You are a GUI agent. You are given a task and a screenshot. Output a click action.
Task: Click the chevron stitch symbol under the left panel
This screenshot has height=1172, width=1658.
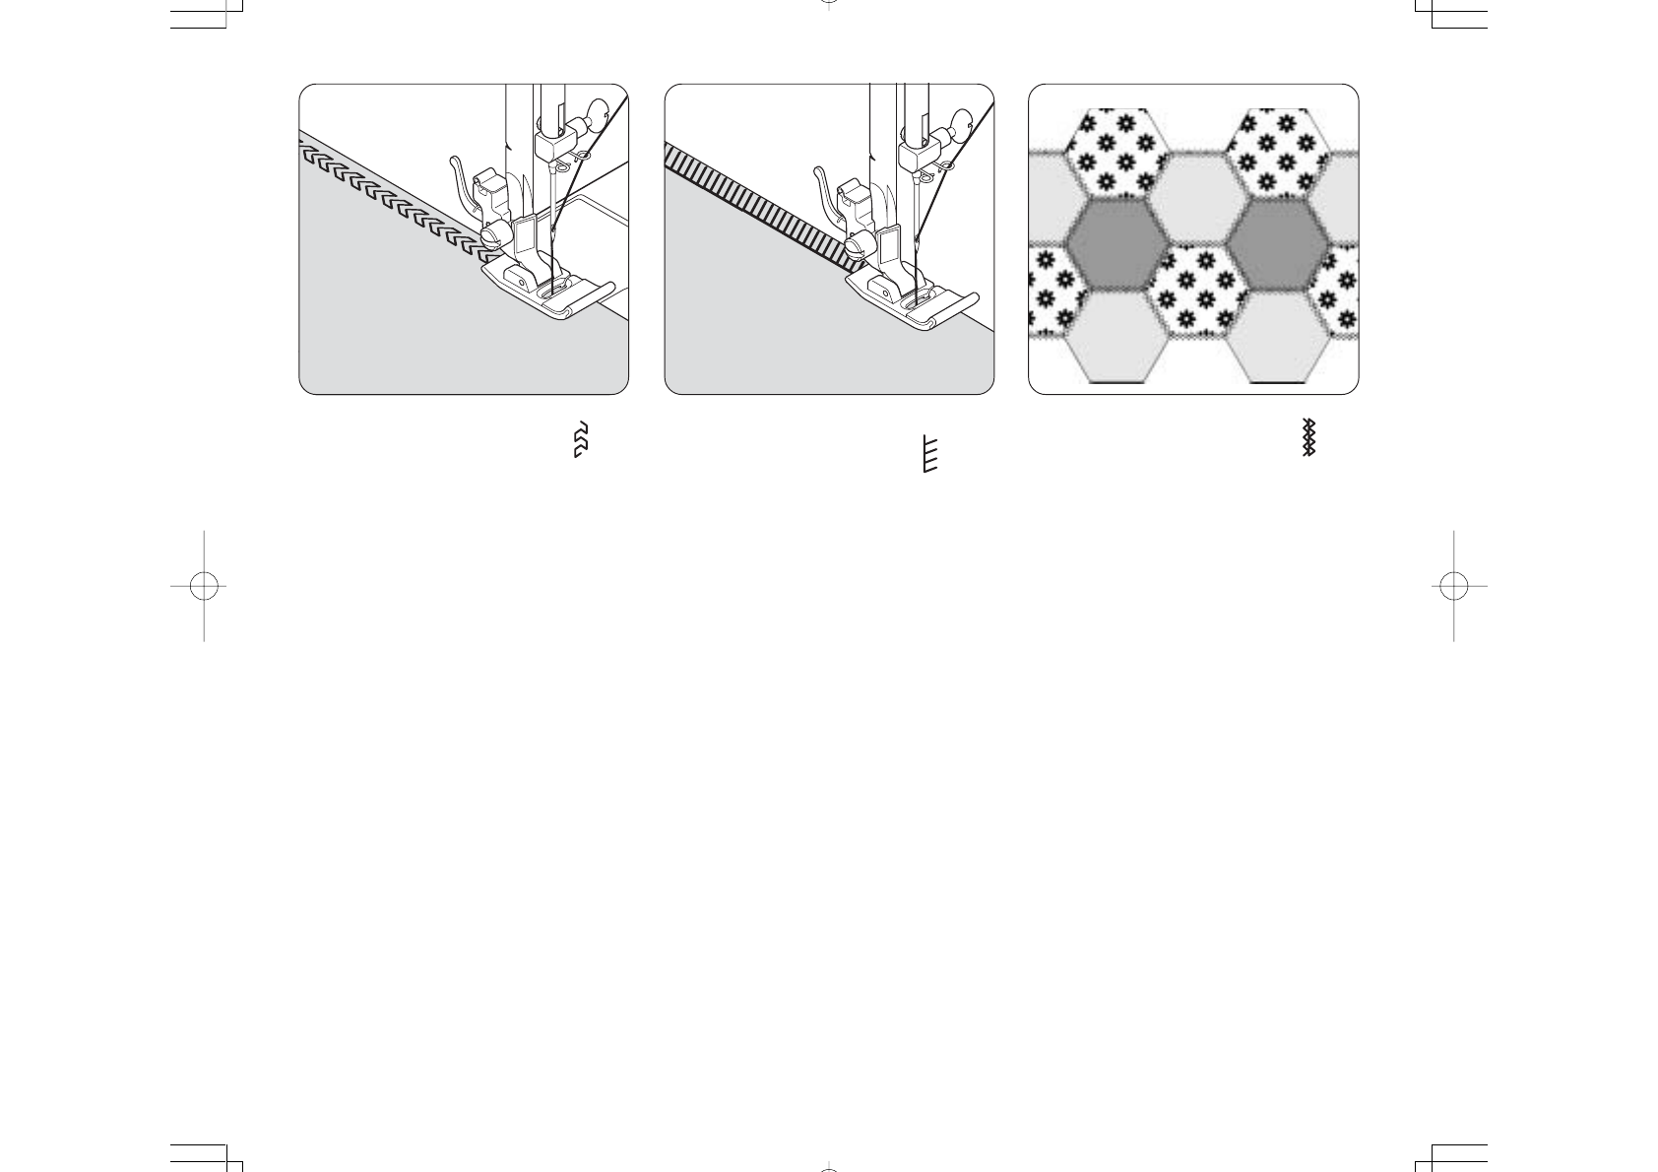[581, 439]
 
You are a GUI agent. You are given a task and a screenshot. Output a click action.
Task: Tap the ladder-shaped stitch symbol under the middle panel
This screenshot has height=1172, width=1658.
[928, 454]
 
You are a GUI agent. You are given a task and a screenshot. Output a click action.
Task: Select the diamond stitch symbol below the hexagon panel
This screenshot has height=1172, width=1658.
[1308, 437]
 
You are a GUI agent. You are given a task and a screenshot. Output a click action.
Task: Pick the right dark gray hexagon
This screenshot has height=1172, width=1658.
[1278, 241]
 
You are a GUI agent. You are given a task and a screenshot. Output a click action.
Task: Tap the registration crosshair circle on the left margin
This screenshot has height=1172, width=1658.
[204, 586]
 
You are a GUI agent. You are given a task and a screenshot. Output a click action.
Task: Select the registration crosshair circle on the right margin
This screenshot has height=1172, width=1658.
[1453, 586]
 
